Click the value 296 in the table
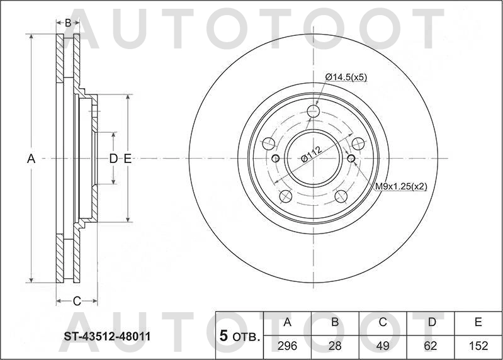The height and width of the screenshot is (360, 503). point(288,344)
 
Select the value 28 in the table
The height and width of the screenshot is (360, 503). point(336,344)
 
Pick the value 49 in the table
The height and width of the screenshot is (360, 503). point(383,344)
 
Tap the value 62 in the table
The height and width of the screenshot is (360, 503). point(431,344)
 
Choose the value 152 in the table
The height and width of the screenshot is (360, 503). point(478,344)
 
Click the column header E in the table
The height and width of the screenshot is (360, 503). point(478,323)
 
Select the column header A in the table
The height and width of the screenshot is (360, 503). point(288,323)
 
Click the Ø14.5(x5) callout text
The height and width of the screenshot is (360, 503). point(346,77)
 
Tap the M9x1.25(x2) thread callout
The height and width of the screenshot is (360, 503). point(402,186)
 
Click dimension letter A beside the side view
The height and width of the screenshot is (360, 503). point(30,159)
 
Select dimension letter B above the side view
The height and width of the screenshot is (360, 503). point(68,23)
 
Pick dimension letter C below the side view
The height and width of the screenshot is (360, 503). point(76,301)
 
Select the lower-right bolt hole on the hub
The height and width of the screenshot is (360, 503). point(342,195)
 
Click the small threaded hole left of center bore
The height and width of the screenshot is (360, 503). point(276,158)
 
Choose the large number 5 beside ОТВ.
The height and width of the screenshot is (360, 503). point(223,336)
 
